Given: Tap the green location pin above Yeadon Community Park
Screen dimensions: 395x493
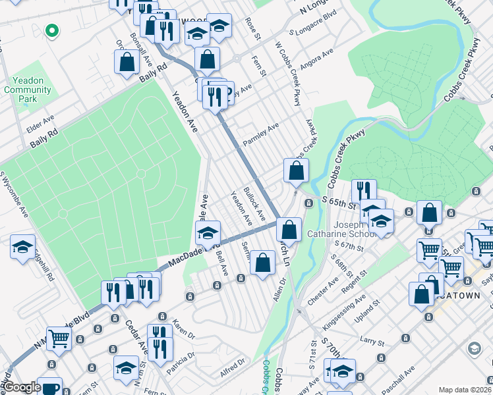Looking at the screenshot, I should tap(51, 30).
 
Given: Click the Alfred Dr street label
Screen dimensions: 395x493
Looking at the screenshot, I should tap(233, 363).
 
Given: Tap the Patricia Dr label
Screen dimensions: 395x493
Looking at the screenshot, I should tap(181, 364).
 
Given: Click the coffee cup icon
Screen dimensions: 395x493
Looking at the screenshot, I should tap(49, 387).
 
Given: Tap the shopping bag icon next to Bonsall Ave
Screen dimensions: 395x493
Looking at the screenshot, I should tap(127, 63).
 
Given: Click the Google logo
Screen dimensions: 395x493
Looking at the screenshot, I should tap(22, 388).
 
